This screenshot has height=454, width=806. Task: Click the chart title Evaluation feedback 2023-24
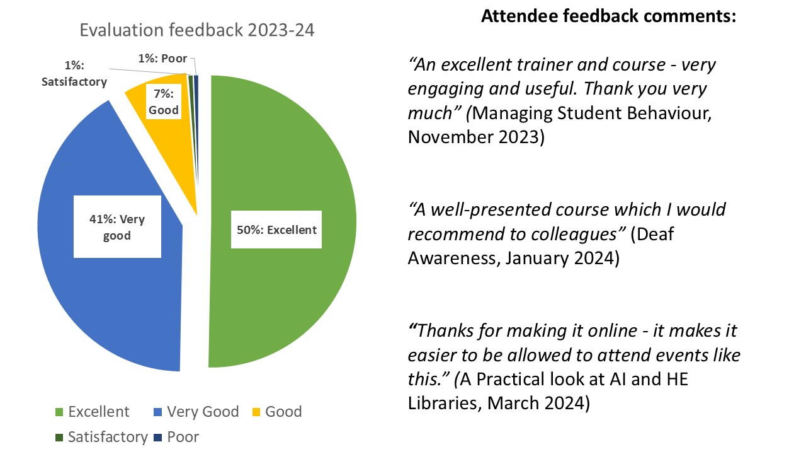pos(197,30)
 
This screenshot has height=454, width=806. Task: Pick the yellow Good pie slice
pos(173,144)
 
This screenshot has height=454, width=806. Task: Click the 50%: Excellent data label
pos(276,230)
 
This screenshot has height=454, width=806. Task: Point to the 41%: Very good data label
pos(117,227)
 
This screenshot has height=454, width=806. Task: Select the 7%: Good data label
pos(164,102)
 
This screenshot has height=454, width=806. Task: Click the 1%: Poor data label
pos(162,59)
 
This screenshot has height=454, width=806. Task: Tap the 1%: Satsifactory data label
pos(74,74)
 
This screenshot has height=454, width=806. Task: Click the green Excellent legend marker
pos(59,412)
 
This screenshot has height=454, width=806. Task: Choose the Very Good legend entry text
pos(203,412)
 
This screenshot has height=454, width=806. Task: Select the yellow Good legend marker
pos(256,412)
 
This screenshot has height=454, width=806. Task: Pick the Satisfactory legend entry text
pos(108,437)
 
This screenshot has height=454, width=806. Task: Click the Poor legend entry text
pos(183,437)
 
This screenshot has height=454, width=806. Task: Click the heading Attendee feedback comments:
pos(609,16)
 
